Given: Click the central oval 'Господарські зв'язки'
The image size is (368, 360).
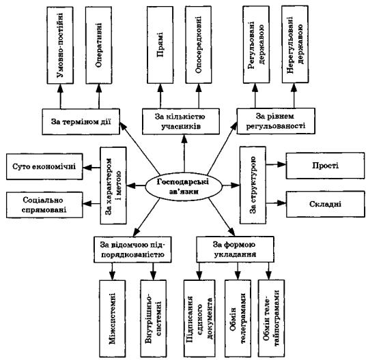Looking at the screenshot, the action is [x=184, y=187].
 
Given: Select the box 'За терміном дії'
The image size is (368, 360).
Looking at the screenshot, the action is [x=81, y=121].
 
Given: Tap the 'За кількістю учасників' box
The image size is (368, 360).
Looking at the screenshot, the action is [x=181, y=121].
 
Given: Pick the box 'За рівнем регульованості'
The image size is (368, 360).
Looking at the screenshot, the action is [x=276, y=121].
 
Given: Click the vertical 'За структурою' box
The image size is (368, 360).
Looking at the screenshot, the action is [x=253, y=185].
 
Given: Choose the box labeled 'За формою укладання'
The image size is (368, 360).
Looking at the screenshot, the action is [x=235, y=250].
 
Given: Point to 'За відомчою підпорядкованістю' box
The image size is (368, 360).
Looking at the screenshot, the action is [x=132, y=250].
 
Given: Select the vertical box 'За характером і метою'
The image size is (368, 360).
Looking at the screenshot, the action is [x=113, y=185].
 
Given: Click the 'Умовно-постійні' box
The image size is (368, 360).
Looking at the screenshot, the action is [x=60, y=45].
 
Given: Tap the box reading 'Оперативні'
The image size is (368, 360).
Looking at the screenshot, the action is [x=98, y=45].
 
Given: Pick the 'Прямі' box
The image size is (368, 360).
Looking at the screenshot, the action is [x=160, y=45].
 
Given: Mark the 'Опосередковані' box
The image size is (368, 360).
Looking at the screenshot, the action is [x=199, y=45].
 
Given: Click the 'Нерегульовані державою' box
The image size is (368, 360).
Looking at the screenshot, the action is [x=295, y=44].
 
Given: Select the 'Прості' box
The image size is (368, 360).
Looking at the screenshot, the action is [x=326, y=166].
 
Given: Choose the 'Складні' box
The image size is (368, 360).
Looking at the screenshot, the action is [x=326, y=204].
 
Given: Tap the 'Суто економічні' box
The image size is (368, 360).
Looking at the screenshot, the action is [x=44, y=166].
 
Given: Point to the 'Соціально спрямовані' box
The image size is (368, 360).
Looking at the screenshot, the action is [x=44, y=205].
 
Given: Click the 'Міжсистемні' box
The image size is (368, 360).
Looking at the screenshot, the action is [x=113, y=319].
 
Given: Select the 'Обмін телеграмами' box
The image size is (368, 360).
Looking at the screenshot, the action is [x=238, y=319].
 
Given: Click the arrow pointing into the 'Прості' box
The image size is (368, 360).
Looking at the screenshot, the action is [x=276, y=164].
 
